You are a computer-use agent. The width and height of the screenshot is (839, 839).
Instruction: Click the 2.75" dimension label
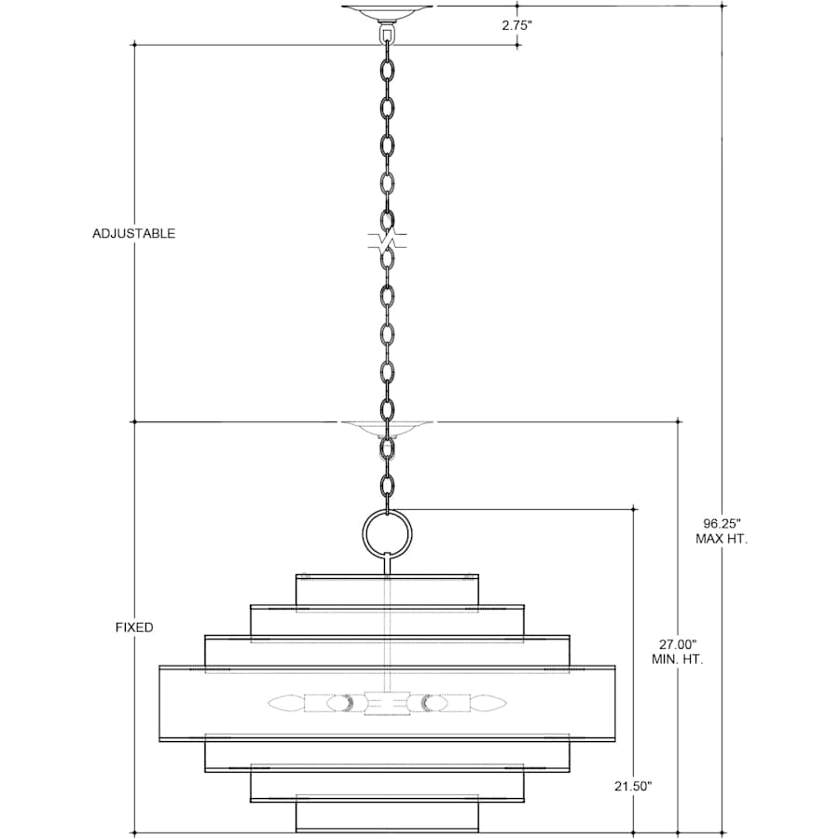pyautogui.click(x=516, y=25)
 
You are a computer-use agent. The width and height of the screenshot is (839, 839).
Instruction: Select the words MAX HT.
pyautogui.click(x=722, y=539)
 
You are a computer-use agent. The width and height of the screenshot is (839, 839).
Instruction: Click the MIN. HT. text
pyautogui.click(x=678, y=660)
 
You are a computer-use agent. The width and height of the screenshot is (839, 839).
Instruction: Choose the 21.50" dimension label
pyautogui.click(x=634, y=786)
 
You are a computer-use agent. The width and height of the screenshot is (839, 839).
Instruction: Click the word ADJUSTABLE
pyautogui.click(x=133, y=233)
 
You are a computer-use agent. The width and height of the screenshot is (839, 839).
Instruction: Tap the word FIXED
pyautogui.click(x=134, y=627)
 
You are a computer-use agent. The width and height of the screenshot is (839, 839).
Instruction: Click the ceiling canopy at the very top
pyautogui.click(x=387, y=12)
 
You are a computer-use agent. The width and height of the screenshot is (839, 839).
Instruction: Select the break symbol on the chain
pyautogui.click(x=388, y=241)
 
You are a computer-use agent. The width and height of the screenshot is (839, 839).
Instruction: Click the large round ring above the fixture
pyautogui.click(x=388, y=510)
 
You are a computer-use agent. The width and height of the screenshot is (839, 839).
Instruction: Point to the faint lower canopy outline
pyautogui.click(x=388, y=429)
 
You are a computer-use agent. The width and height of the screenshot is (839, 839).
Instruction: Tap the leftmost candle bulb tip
pyautogui.click(x=269, y=703)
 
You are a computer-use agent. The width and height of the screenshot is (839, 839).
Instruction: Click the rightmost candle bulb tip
pyautogui.click(x=505, y=703)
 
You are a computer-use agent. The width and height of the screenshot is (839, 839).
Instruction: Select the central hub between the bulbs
pyautogui.click(x=388, y=703)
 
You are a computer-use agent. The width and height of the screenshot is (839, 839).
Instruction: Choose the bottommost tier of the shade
pyautogui.click(x=388, y=816)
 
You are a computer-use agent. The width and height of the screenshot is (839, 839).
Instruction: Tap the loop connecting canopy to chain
pyautogui.click(x=387, y=34)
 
